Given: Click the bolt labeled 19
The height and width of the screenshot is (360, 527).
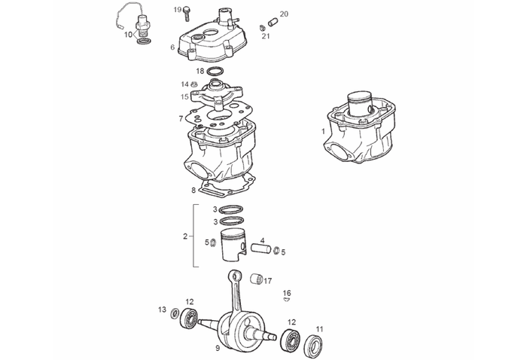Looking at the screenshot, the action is [x=187, y=14].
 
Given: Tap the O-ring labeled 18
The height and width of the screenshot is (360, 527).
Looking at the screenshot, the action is [x=215, y=72].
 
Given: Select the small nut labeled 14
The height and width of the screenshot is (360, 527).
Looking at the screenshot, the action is [x=193, y=84].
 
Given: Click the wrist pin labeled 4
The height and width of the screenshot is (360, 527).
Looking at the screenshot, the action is [x=260, y=249].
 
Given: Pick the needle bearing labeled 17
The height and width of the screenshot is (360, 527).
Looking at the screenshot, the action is [x=257, y=279].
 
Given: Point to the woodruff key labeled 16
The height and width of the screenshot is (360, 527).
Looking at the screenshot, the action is [x=286, y=300].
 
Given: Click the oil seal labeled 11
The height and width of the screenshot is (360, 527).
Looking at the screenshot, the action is [x=315, y=345].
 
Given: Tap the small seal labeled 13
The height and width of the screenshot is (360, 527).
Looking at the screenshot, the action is [x=175, y=313].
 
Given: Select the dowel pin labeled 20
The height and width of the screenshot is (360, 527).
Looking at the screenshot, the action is [x=273, y=23].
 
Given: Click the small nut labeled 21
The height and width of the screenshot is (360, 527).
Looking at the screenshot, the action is [x=264, y=28].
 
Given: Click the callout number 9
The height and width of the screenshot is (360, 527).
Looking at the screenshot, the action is [x=218, y=348].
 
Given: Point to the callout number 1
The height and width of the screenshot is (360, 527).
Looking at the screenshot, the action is [x=323, y=131].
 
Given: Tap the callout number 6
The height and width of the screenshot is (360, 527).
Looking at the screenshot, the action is [x=172, y=47].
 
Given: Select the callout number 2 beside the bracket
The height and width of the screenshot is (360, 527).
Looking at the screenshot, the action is [x=185, y=236].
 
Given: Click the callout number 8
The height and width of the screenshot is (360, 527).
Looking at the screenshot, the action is [x=193, y=191].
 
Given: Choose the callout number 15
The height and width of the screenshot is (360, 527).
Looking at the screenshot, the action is [x=184, y=97].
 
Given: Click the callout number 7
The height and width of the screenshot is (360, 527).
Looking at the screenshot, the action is [x=181, y=119].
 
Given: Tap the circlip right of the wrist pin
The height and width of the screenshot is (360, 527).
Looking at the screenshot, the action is [x=276, y=251].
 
